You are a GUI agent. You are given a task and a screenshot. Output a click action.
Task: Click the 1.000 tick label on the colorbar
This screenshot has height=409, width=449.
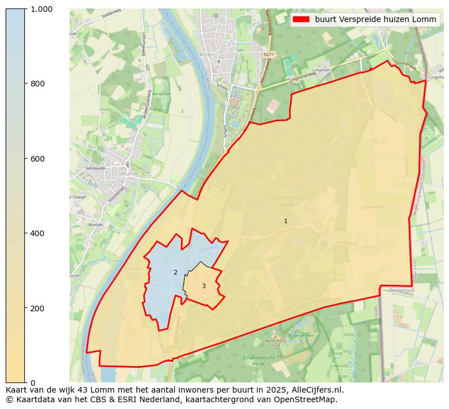41,9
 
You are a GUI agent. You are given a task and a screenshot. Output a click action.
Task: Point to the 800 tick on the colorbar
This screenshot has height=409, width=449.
38,84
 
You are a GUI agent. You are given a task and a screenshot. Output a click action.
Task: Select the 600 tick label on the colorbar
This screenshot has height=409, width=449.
38,159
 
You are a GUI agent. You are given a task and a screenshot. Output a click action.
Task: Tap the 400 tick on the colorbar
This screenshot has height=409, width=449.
38,233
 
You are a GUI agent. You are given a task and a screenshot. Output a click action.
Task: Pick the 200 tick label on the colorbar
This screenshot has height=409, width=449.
38,308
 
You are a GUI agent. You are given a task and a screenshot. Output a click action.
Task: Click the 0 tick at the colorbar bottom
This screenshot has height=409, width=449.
32,383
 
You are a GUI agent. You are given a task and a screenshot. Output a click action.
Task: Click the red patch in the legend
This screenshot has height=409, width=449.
301,19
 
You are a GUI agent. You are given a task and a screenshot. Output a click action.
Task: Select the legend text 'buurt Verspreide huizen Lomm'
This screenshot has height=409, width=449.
375,19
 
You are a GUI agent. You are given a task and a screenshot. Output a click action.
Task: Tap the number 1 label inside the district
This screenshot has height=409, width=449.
286,221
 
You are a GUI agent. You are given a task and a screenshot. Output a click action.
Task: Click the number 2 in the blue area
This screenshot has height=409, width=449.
175,272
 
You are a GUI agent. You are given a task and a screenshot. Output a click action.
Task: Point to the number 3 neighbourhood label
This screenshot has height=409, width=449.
204,286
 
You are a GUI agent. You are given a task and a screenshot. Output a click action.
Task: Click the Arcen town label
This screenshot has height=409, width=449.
208,55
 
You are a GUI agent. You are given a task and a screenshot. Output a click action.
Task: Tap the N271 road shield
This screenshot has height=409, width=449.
269,55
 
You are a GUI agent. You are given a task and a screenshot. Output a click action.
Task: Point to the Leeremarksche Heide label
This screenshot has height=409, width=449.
286,201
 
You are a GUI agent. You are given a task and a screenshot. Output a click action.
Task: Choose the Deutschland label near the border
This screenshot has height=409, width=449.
402,290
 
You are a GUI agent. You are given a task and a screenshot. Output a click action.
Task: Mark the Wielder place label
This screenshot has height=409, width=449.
80,224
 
